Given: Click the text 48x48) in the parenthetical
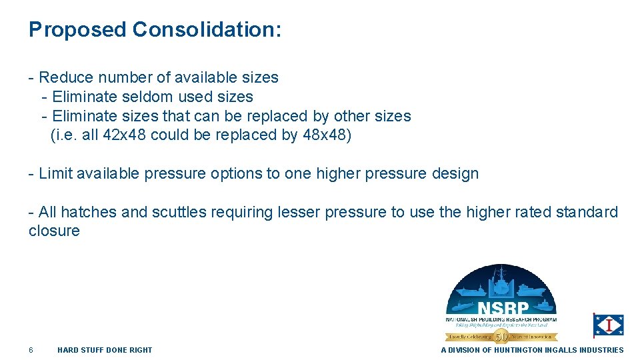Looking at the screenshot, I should pos(327,135).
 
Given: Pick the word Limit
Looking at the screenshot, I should pos(55,173).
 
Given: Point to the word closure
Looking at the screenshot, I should pos(54,231).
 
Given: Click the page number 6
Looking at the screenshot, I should pos(31,350).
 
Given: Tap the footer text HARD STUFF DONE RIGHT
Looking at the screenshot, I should pos(105,350).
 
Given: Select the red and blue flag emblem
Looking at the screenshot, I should pos(609,325).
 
